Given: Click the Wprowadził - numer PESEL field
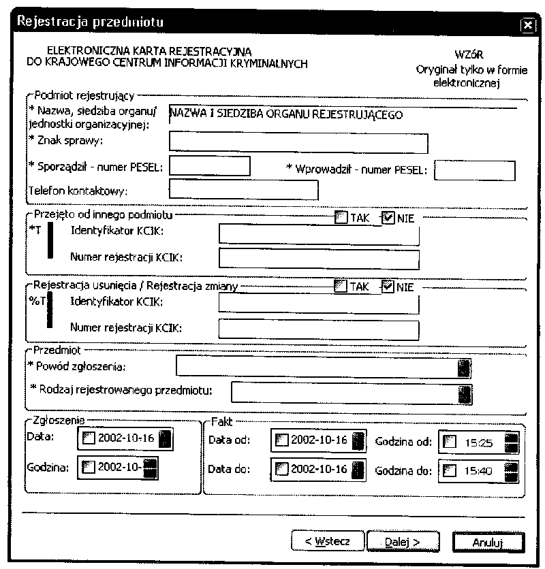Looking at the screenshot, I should [x=475, y=170].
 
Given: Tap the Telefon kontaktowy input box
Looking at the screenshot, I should [x=243, y=191].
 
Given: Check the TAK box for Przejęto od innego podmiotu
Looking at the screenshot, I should [x=340, y=218].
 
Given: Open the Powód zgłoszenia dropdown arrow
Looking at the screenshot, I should [x=464, y=368].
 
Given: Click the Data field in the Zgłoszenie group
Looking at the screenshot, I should [x=123, y=439].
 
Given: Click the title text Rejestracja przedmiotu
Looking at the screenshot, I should [x=89, y=22].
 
